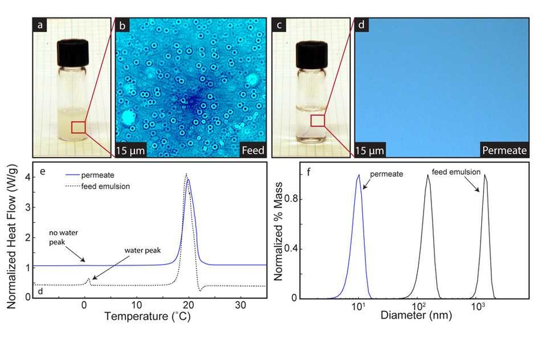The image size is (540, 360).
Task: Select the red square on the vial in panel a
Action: [x=79, y=127]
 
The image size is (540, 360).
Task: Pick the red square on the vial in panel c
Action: [x=318, y=121]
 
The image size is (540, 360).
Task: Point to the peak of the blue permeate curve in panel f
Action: [x=359, y=175]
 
